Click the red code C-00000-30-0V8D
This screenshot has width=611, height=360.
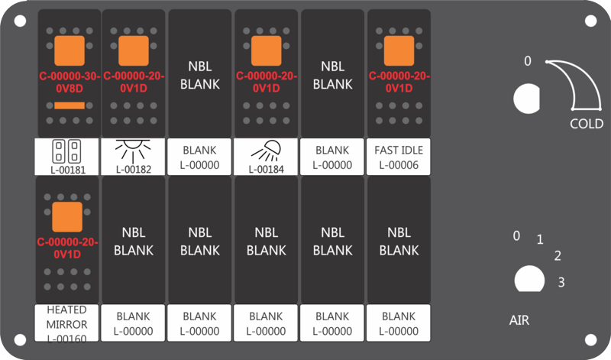pyautogui.click(x=70, y=83)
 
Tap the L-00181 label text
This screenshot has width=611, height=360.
pyautogui.click(x=68, y=170)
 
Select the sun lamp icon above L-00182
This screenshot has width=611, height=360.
pyautogui.click(x=133, y=151)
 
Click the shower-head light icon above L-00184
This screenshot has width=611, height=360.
pyautogui.click(x=266, y=151)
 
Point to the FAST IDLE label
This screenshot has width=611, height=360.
pyautogui.click(x=399, y=150)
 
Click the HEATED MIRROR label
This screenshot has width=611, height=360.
pyautogui.click(x=66, y=317)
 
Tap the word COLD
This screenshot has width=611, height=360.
pyautogui.click(x=587, y=124)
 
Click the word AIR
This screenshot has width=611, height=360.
pyautogui.click(x=519, y=320)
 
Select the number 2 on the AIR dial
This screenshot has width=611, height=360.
pyautogui.click(x=558, y=256)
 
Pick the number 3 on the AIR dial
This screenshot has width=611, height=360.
pyautogui.click(x=561, y=282)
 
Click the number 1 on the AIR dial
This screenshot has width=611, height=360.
pyautogui.click(x=540, y=239)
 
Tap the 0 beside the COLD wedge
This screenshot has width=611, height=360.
pyautogui.click(x=527, y=61)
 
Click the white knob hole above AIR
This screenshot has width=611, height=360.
pyautogui.click(x=529, y=279)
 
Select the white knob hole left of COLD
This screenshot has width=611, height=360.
pyautogui.click(x=526, y=99)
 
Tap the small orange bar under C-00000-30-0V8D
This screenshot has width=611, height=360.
pyautogui.click(x=70, y=105)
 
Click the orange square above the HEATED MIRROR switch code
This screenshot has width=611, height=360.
pyautogui.click(x=67, y=217)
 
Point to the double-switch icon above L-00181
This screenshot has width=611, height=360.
pyautogui.click(x=66, y=151)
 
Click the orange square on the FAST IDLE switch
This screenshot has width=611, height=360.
pyautogui.click(x=399, y=50)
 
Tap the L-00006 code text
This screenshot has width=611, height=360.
pyautogui.click(x=399, y=165)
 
